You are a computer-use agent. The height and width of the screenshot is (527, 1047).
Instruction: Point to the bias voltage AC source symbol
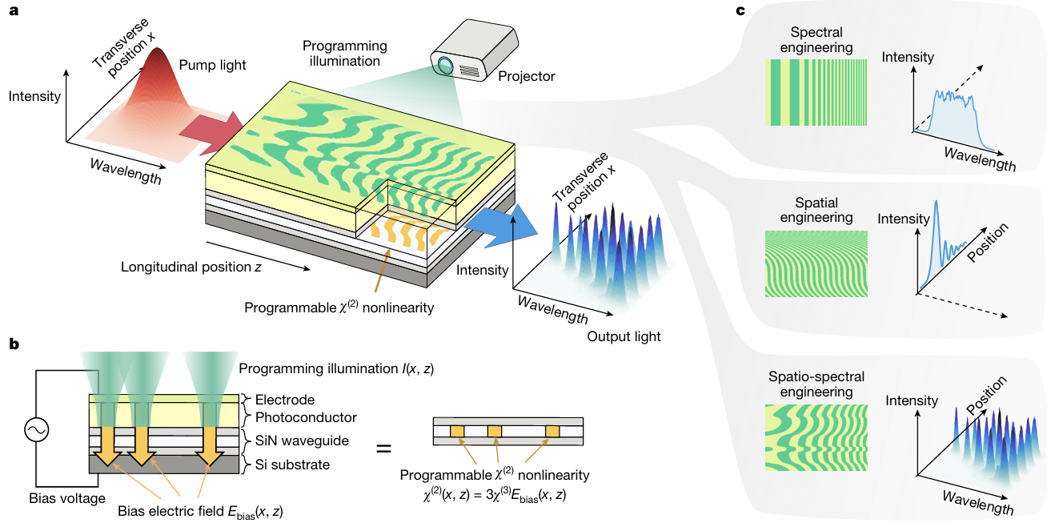pos(37,431)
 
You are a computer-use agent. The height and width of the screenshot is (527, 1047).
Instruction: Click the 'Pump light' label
pos(205,62)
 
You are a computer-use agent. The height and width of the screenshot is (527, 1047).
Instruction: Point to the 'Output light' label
pos(624,336)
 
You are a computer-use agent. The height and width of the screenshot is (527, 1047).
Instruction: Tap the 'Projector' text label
pos(526,76)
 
